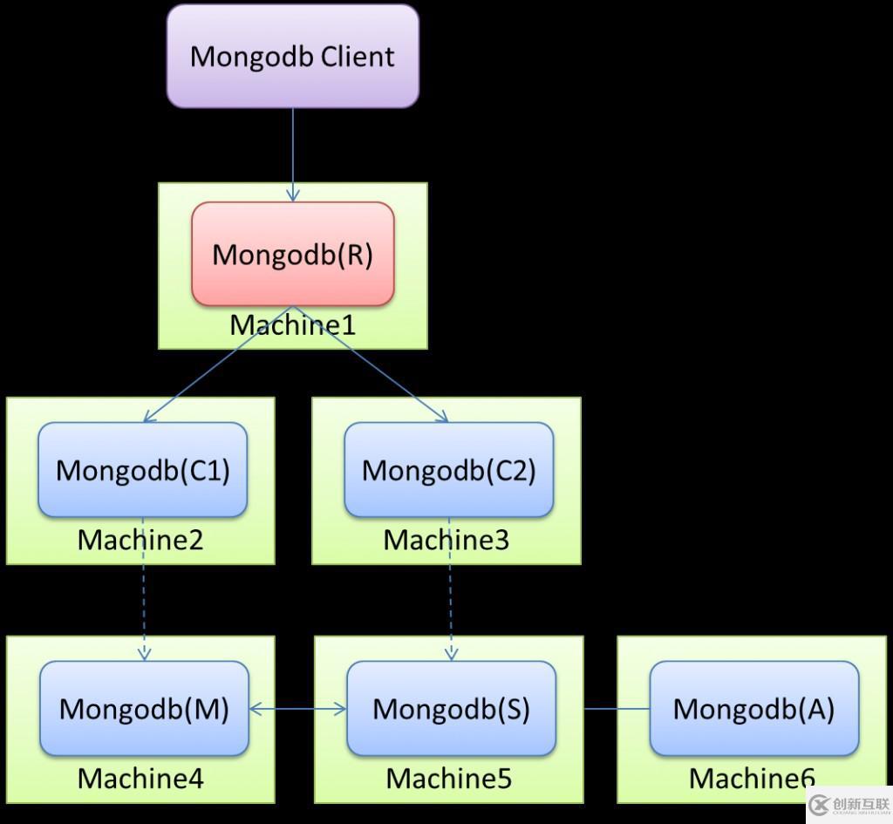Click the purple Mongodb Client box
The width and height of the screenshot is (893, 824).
293,57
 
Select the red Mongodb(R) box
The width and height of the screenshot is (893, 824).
293,255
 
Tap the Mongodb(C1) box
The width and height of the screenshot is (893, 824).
142,470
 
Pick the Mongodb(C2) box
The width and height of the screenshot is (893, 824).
449,470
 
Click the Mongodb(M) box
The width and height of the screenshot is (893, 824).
144,708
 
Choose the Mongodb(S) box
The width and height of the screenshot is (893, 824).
451,708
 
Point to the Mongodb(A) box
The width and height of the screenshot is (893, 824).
753,708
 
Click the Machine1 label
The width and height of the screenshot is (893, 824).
293,325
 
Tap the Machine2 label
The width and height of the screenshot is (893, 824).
140,540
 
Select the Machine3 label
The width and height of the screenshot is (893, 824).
446,540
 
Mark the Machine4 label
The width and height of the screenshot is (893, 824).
140,778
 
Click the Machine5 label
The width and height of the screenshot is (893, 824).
449,778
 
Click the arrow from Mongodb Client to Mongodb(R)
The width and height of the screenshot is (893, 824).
293,153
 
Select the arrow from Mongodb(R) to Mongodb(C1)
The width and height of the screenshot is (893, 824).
218,364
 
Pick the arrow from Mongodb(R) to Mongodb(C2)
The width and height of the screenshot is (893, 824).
371,364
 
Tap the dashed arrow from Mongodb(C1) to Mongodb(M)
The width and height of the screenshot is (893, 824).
143,589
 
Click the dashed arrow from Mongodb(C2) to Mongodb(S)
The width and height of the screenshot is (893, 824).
450,589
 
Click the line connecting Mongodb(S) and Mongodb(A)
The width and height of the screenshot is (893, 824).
617,709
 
